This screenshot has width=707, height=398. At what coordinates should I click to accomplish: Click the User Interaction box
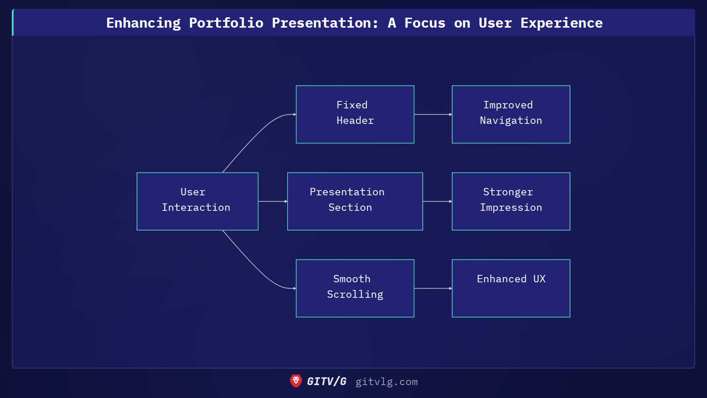197,201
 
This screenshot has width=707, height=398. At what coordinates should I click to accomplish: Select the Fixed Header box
355,114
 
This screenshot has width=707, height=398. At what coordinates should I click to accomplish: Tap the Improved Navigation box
511,114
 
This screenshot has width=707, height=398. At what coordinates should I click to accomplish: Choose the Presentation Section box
355,201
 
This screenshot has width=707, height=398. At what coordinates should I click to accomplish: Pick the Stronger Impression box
511,201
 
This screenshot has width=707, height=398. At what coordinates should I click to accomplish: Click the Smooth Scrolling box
355,288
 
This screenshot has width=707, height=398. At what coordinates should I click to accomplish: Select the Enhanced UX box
511,288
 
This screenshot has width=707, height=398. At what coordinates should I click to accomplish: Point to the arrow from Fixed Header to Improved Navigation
433,115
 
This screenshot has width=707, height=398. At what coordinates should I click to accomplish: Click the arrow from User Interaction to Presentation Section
272,202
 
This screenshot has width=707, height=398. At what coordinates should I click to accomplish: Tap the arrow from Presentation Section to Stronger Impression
437,202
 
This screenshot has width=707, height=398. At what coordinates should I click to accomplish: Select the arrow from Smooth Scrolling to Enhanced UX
433,289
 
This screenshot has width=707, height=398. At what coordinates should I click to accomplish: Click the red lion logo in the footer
296,381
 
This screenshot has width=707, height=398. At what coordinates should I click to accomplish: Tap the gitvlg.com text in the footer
386,382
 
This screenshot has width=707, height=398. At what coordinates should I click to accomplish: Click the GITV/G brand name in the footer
327,381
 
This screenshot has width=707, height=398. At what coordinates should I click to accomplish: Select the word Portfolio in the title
226,23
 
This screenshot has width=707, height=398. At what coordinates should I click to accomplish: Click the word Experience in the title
561,23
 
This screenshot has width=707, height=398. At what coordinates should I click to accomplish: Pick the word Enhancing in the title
143,23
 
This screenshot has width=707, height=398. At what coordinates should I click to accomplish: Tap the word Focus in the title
425,23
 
